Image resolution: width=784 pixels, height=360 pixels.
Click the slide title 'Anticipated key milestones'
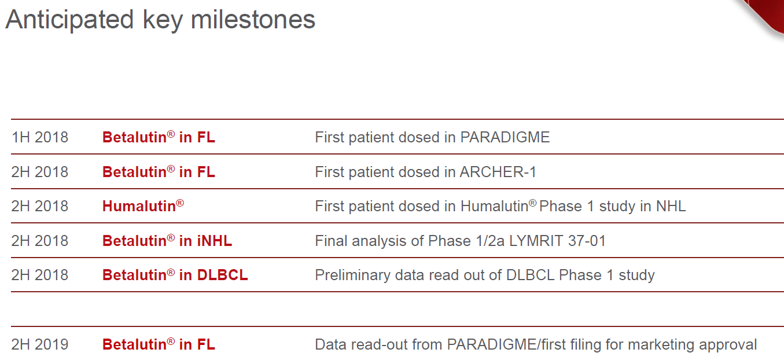160,20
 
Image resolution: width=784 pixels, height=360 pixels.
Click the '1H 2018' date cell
40,137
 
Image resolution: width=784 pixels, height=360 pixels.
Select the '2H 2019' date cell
40,344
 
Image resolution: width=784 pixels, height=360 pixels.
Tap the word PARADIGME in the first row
505,137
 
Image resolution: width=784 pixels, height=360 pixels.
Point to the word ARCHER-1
498,172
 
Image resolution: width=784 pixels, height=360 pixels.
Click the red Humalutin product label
143,206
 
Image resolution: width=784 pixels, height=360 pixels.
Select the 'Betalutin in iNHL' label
167,241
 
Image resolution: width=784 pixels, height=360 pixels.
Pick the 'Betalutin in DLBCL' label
175,275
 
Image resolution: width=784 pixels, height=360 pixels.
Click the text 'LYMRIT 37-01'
557,241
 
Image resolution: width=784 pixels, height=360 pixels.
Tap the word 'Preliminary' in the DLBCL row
352,275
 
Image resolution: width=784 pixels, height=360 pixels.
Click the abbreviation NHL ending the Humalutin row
671,206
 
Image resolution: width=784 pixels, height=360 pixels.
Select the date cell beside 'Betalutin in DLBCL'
40,275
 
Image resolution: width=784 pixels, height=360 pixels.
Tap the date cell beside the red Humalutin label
40,206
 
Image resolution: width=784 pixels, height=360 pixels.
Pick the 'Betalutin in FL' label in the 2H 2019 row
159,344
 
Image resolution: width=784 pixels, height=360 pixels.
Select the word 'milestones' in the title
253,20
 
